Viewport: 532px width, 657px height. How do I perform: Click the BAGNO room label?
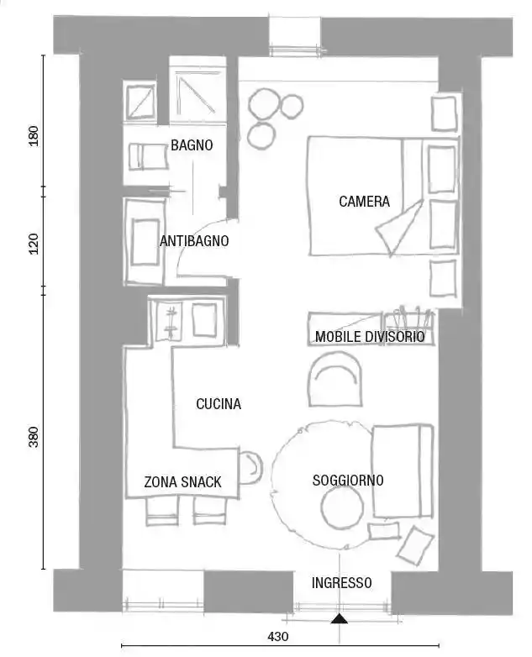coord(192,145)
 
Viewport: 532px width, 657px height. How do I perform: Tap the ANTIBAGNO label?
coord(194,241)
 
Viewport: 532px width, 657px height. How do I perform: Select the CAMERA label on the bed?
coord(364,201)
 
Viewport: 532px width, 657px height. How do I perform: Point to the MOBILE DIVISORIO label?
coord(370,336)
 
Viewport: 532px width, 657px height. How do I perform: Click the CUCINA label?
coord(219,404)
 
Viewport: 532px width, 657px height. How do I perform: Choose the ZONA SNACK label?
coord(182,482)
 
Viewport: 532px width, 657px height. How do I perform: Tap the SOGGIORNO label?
coord(348,481)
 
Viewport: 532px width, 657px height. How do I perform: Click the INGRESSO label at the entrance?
coord(342,583)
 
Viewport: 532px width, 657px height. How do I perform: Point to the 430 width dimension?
coord(278,637)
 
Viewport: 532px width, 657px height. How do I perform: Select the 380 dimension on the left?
coord(34,437)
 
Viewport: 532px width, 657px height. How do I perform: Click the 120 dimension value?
coord(34,244)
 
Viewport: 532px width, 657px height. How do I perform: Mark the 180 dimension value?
coord(34,136)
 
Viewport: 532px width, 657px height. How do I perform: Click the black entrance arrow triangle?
coord(340,618)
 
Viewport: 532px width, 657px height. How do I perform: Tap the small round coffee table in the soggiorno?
coord(342,507)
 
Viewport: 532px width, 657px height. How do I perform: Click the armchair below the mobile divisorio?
coord(335,379)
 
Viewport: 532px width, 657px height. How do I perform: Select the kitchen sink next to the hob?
coord(204,319)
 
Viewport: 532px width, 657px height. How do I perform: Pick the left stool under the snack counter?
coord(162,511)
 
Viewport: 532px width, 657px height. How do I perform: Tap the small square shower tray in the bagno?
coord(141,102)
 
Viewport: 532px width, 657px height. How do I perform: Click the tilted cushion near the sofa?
coord(415,544)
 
